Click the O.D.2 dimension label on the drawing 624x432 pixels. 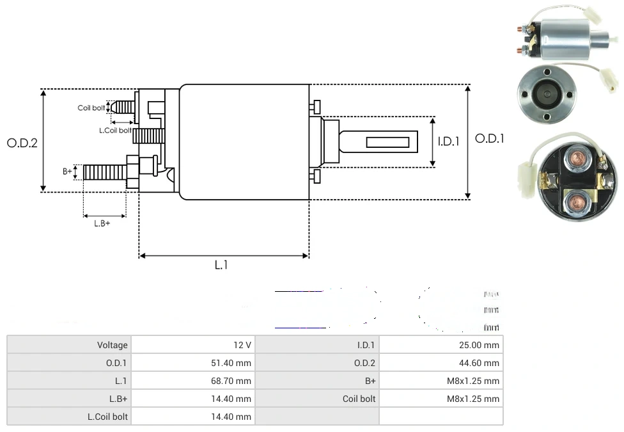pyautogui.click(x=22, y=143)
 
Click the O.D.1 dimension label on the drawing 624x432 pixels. pyautogui.click(x=490, y=138)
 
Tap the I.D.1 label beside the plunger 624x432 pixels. pyautogui.click(x=448, y=141)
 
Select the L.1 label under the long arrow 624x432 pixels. pyautogui.click(x=221, y=265)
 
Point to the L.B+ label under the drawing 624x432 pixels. pyautogui.click(x=102, y=223)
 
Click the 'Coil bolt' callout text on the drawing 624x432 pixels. pyautogui.click(x=91, y=108)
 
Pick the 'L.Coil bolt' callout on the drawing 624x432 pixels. pyautogui.click(x=115, y=131)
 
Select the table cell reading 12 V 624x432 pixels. pyautogui.click(x=242, y=345)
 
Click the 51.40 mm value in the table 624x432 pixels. pyautogui.click(x=234, y=363)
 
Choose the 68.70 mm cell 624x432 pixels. pyautogui.click(x=234, y=381)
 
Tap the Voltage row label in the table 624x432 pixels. pyautogui.click(x=113, y=345)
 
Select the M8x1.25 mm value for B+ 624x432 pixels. pyautogui.click(x=473, y=381)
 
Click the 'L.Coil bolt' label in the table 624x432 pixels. pyautogui.click(x=107, y=417)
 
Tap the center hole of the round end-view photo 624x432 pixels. pyautogui.click(x=547, y=93)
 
